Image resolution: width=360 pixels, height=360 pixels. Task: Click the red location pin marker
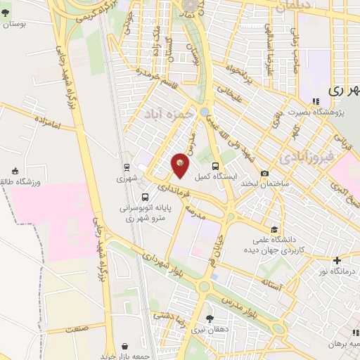181,164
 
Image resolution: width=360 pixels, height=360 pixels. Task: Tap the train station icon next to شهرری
126,167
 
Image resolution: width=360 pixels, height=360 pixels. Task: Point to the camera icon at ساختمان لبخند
264,174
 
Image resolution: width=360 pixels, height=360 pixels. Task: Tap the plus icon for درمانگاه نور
337,260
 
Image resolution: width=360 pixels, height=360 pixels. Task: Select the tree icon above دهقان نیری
209,317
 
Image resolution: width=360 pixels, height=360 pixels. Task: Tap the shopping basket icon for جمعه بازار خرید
125,346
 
